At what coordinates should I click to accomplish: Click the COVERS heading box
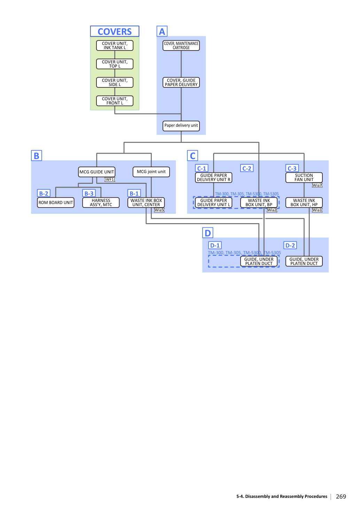tap(115, 31)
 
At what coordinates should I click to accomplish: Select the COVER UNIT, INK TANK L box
tap(115, 46)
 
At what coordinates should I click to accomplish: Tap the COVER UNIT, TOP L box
tap(115, 64)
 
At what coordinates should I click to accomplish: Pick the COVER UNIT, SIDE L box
tap(115, 82)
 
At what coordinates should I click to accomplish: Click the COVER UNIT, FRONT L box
tap(115, 101)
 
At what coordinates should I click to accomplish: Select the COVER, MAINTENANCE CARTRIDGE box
tap(181, 46)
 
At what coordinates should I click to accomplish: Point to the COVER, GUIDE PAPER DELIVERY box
tap(181, 82)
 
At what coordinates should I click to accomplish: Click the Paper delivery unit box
tap(181, 126)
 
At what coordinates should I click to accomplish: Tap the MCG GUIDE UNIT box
tap(96, 172)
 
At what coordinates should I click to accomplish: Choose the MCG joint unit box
tap(151, 172)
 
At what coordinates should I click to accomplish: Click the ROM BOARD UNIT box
tap(56, 202)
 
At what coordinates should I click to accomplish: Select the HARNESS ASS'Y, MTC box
tap(101, 202)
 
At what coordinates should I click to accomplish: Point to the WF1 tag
tap(110, 180)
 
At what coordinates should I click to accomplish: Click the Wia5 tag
tap(159, 210)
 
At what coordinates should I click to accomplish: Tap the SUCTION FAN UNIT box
tap(304, 177)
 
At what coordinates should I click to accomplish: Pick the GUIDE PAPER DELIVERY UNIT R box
tap(213, 177)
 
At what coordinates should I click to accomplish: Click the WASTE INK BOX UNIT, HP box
tap(304, 202)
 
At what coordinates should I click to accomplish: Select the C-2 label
tap(246, 168)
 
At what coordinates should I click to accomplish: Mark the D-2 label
tap(290, 245)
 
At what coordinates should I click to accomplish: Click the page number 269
tap(341, 496)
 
